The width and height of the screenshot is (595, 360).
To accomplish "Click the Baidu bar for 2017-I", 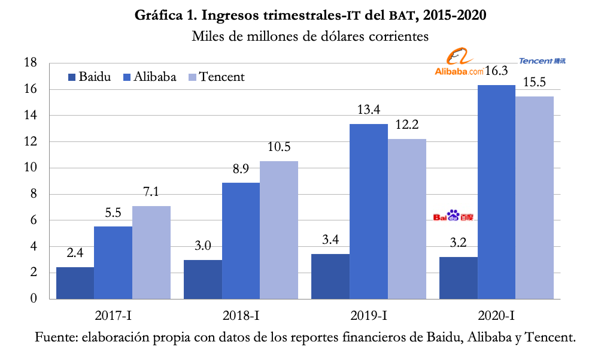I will pyautogui.click(x=75, y=283).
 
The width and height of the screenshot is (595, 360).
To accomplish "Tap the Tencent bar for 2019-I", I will pyautogui.click(x=406, y=219).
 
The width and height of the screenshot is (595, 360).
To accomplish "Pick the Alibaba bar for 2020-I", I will pyautogui.click(x=496, y=192).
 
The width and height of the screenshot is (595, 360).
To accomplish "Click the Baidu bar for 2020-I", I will pyautogui.click(x=459, y=278).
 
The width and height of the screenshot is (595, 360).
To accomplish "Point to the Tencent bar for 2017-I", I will pyautogui.click(x=151, y=252).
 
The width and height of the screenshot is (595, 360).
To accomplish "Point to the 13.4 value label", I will pyautogui.click(x=369, y=110).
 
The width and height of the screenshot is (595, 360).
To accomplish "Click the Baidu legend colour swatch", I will pyautogui.click(x=72, y=77).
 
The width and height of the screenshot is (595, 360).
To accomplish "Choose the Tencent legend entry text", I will pyautogui.click(x=221, y=77).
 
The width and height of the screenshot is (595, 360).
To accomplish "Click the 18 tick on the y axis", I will pyautogui.click(x=31, y=63).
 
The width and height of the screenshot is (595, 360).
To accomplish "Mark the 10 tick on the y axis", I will pyautogui.click(x=31, y=168).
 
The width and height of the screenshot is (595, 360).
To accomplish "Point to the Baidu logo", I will pyautogui.click(x=453, y=216).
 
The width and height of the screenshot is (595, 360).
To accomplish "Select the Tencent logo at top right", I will pyautogui.click(x=542, y=60).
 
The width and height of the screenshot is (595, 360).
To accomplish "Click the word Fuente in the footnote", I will pyautogui.click(x=55, y=337).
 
